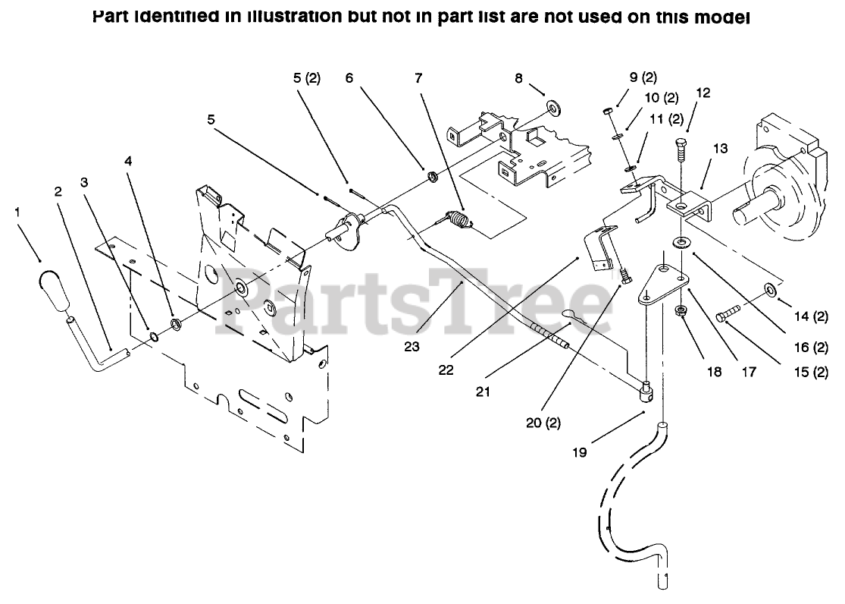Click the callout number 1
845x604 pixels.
point(17,212)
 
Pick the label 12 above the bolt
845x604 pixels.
point(703,93)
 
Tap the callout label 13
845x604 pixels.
point(719,149)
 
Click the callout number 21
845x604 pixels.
point(483,392)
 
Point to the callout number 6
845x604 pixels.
point(349,78)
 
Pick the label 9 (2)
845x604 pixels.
point(643,77)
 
